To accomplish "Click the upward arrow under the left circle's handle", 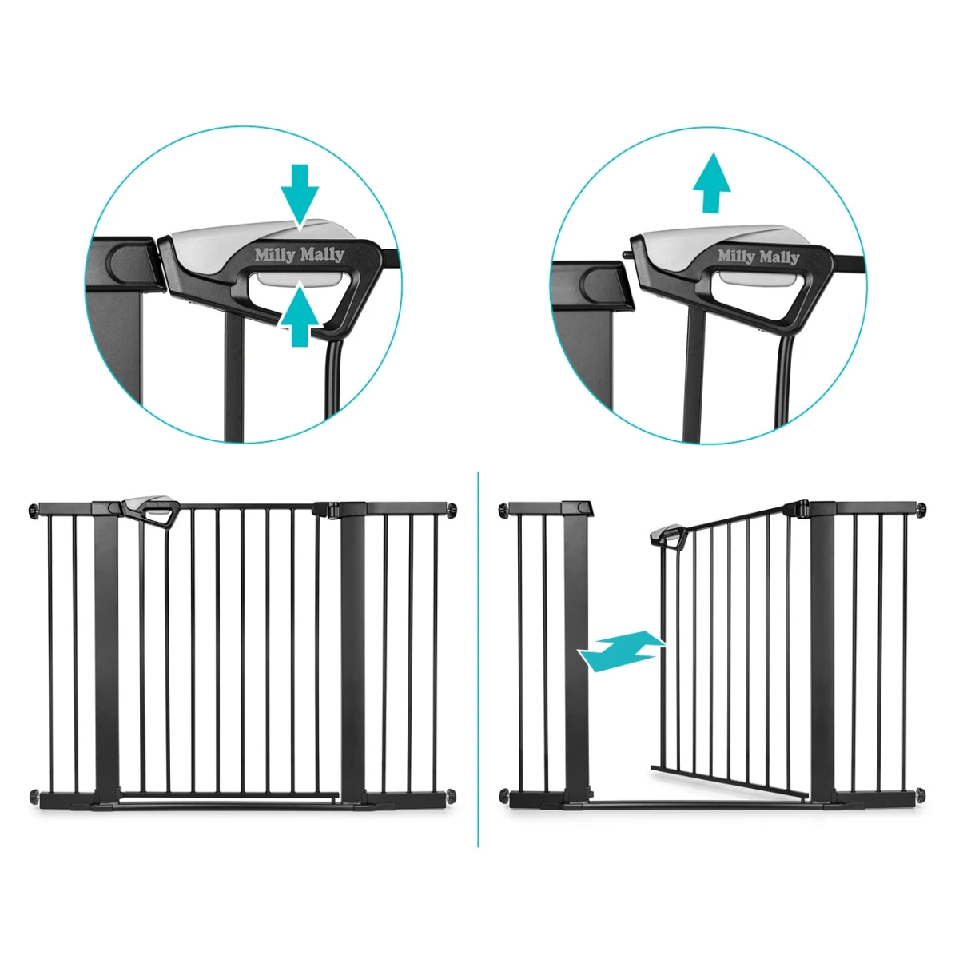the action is point(299,315).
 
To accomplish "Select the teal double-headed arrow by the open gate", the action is point(621,651).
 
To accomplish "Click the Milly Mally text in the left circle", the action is point(300,255).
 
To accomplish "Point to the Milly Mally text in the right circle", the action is point(758,257).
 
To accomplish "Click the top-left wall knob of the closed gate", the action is point(34,509).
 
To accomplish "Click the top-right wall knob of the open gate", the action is point(921,509).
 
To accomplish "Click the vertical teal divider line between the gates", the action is point(478,659).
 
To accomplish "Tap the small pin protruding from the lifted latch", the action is point(627,254).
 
